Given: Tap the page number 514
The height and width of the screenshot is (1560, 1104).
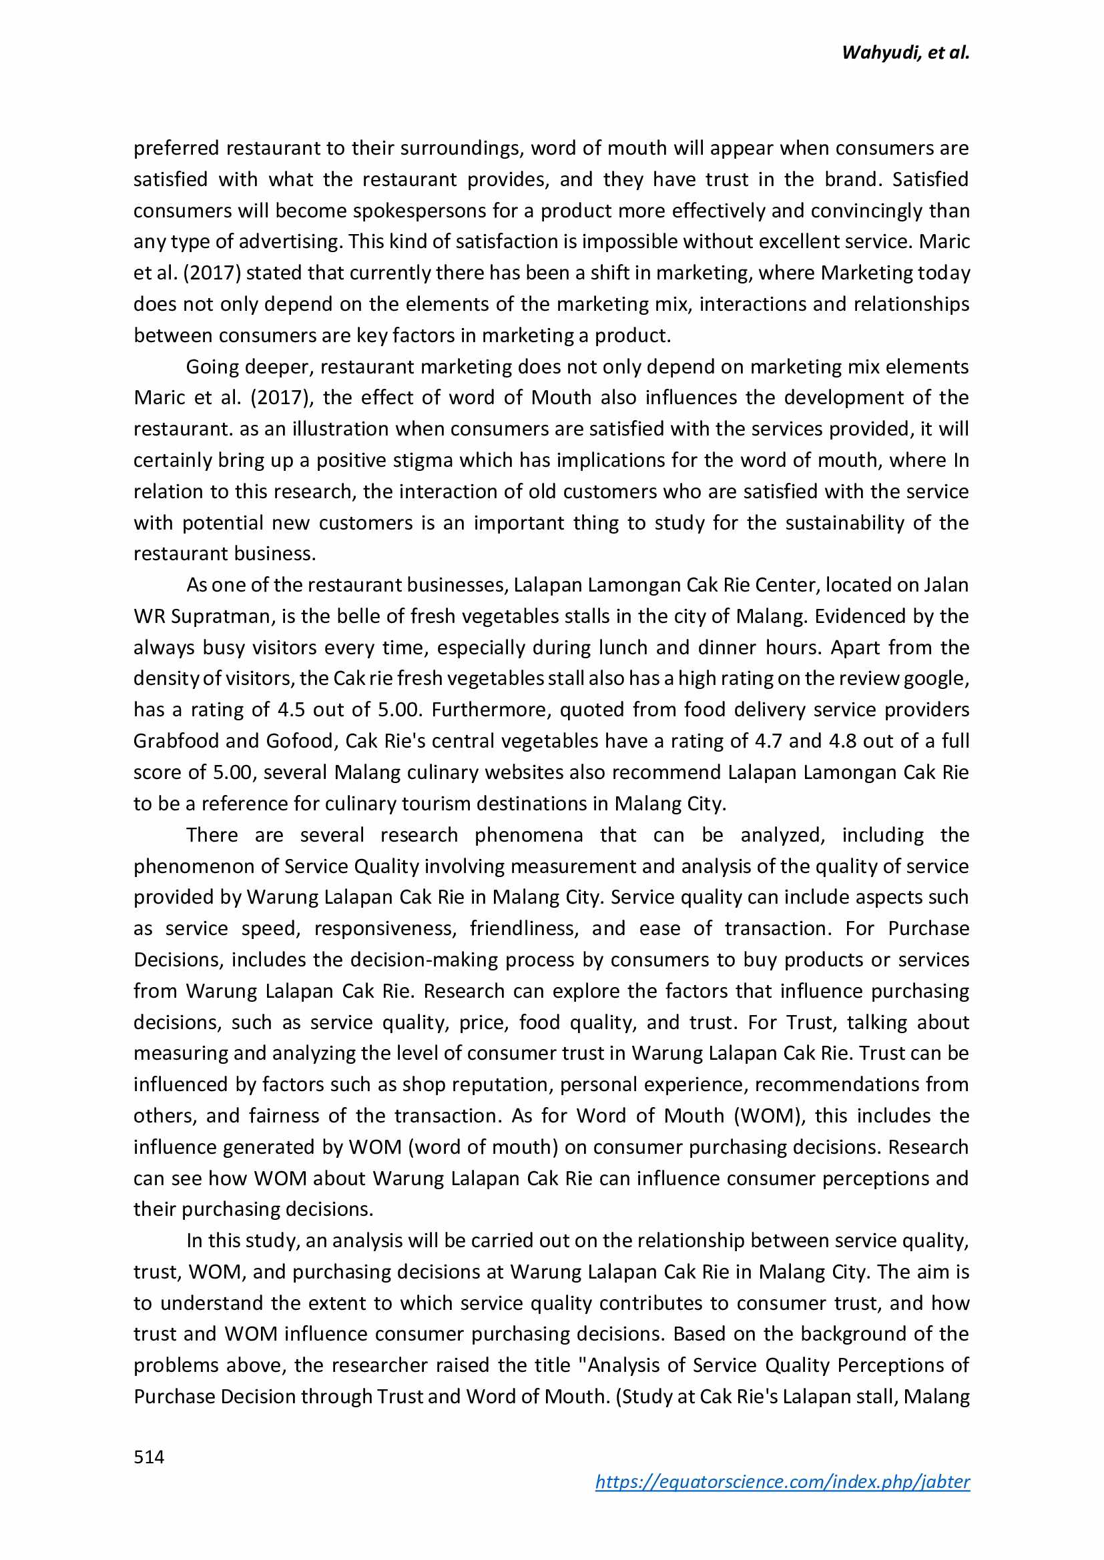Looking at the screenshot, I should click(149, 1456).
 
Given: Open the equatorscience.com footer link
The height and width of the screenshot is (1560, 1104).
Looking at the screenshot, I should click(782, 1481).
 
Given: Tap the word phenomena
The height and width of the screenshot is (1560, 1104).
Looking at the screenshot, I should click(528, 834).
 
